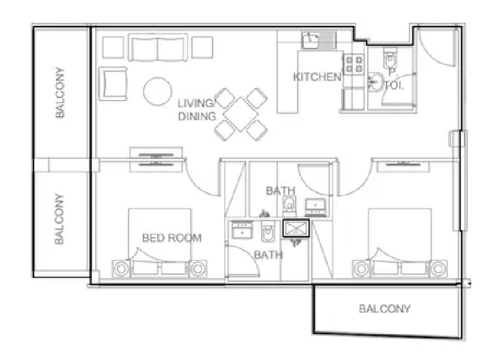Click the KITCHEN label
tap(317, 78)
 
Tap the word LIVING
tap(196, 103)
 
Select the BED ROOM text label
tap(172, 238)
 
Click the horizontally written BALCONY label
tap(385, 308)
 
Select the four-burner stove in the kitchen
tap(353, 66)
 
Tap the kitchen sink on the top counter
tap(310, 42)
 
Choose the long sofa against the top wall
tap(158, 48)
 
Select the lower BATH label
tap(268, 255)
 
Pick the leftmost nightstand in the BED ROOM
tap(122, 269)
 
